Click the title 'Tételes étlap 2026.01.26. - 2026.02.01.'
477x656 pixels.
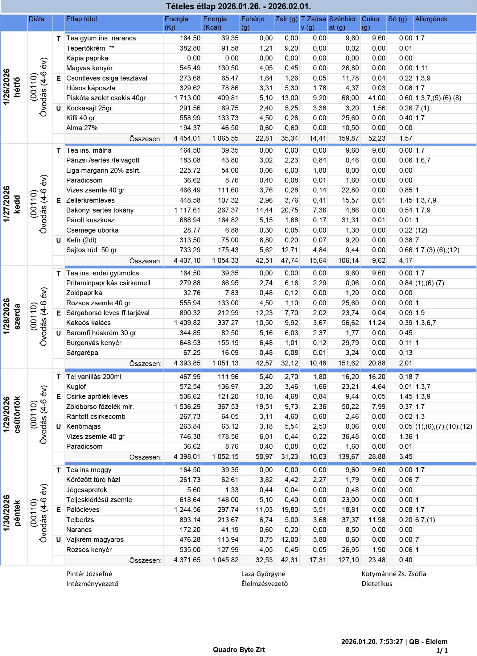238,6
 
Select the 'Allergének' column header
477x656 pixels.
431,19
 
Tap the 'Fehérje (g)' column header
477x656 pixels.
253,23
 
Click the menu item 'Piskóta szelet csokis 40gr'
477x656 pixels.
106,98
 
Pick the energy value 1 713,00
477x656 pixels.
187,98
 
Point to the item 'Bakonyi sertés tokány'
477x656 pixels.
100,210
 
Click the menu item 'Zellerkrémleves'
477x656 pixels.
90,200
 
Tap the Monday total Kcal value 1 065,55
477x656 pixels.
225,138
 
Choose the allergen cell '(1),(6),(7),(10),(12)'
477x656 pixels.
443,427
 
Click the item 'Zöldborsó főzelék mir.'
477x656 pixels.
100,407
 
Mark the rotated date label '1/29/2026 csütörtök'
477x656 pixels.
12,415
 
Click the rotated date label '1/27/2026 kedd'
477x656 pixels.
12,204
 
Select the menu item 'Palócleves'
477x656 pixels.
83,510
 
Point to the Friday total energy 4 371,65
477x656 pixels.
187,560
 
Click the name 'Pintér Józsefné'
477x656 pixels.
89,574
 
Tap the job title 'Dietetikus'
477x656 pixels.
377,584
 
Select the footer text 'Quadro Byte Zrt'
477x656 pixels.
239,650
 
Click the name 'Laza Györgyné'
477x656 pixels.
263,574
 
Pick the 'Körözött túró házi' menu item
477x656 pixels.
93,480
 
